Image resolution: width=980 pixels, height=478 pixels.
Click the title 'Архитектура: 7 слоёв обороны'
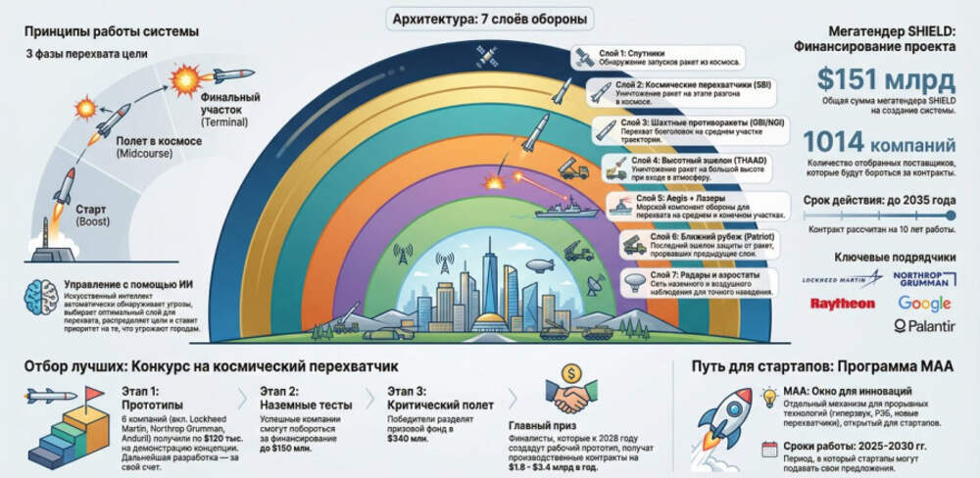click(x=490, y=19)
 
